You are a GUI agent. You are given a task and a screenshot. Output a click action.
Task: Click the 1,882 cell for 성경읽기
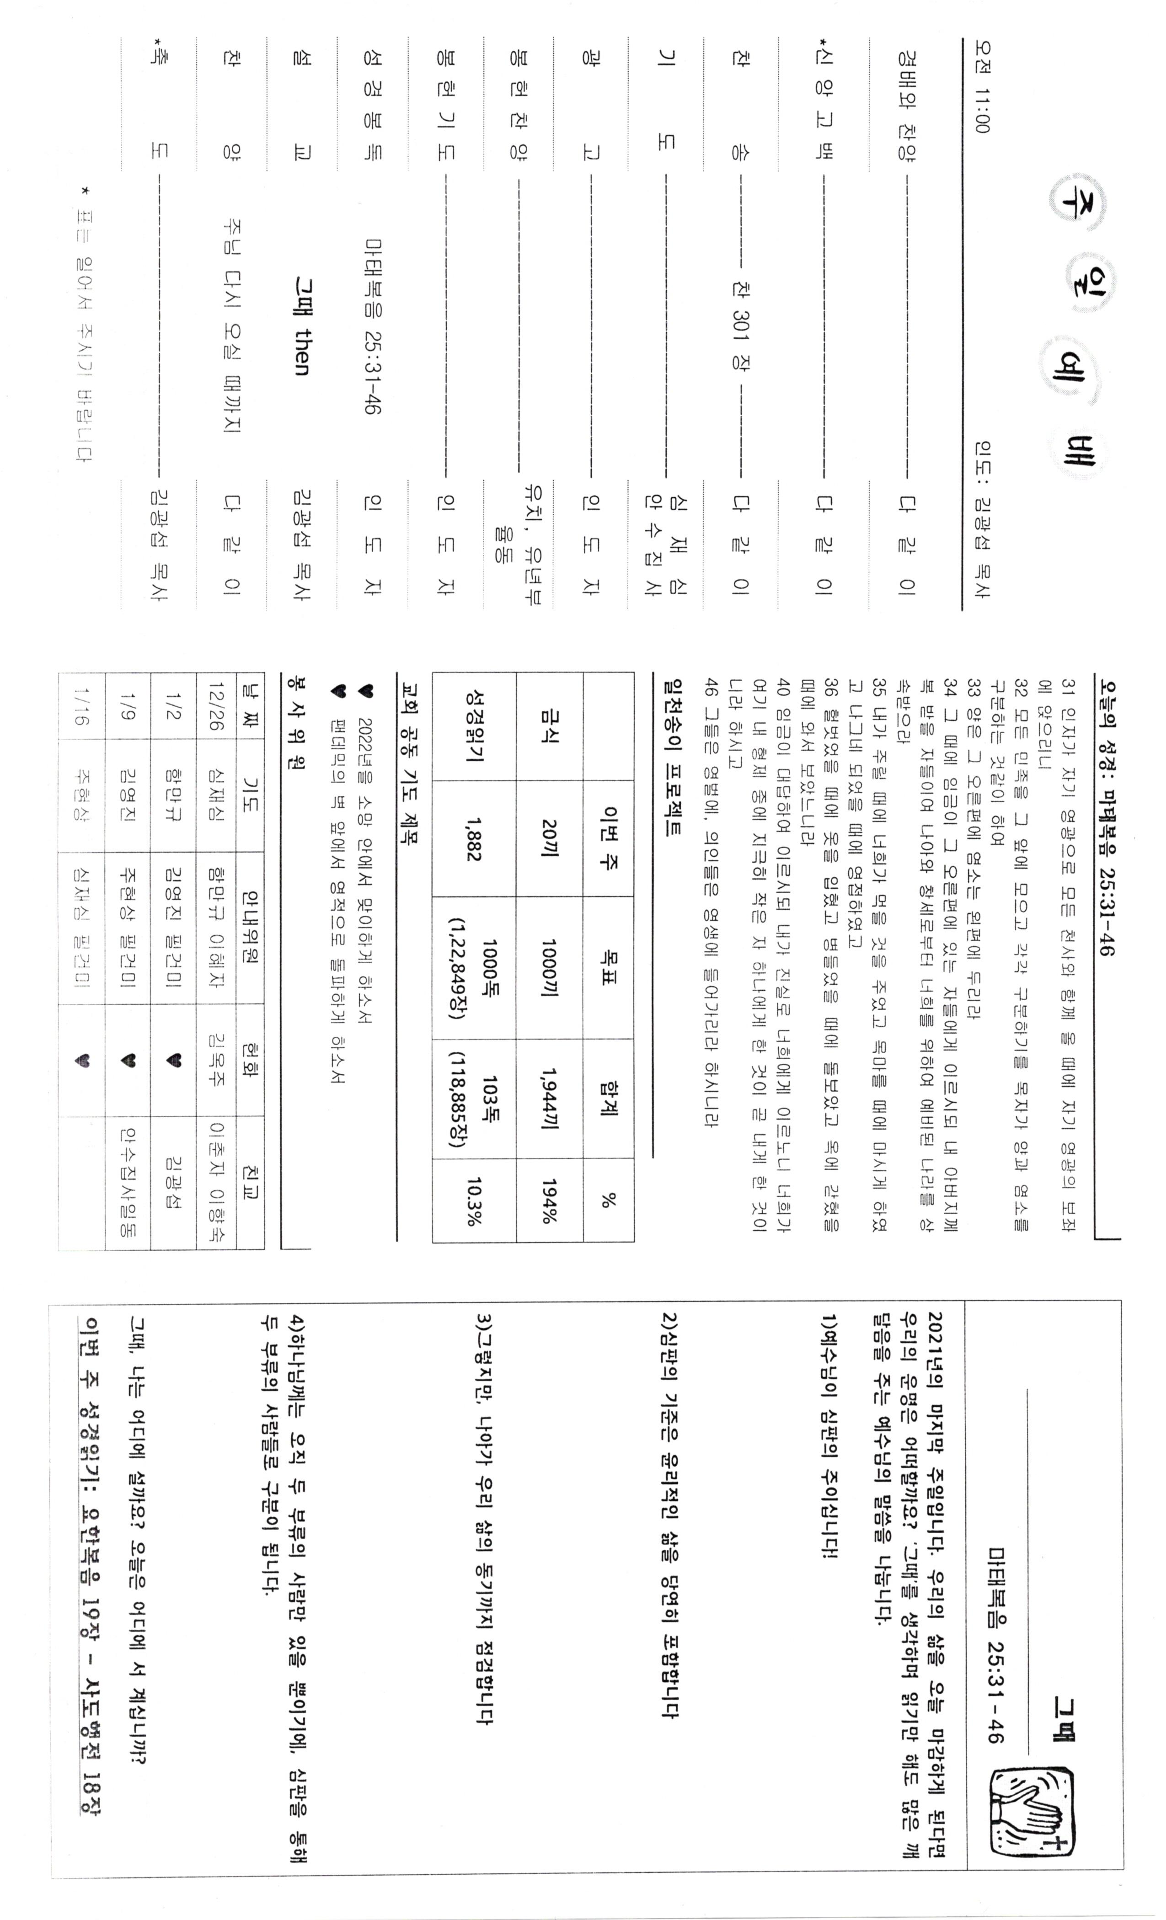tap(473, 839)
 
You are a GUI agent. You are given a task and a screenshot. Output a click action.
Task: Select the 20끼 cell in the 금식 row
tap(550, 839)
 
